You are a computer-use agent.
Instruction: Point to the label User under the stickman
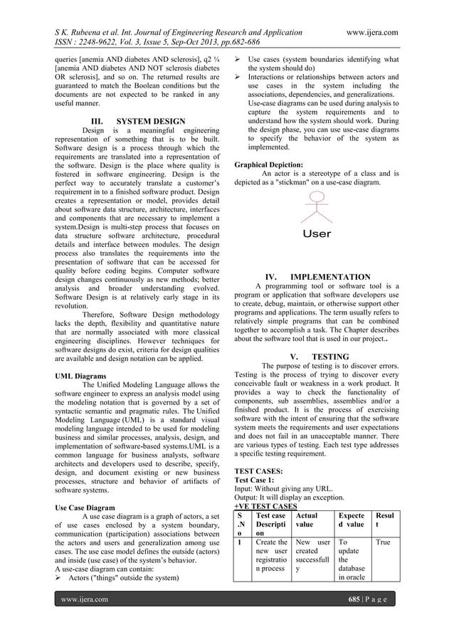point(317,233)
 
